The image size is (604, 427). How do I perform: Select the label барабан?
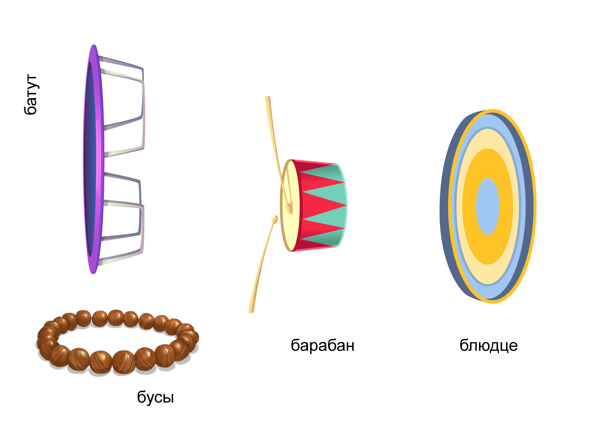(x=322, y=345)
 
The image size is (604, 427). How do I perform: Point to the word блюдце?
(x=488, y=345)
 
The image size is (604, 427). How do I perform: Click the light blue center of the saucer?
(x=487, y=206)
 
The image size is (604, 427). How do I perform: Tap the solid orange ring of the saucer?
(x=487, y=163)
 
